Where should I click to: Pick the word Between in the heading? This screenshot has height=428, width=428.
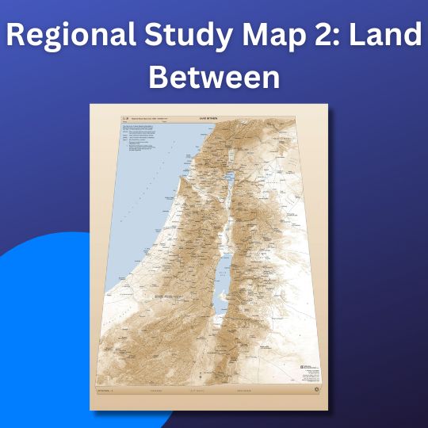[x=214, y=78]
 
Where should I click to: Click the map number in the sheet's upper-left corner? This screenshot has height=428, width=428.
[x=124, y=120]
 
